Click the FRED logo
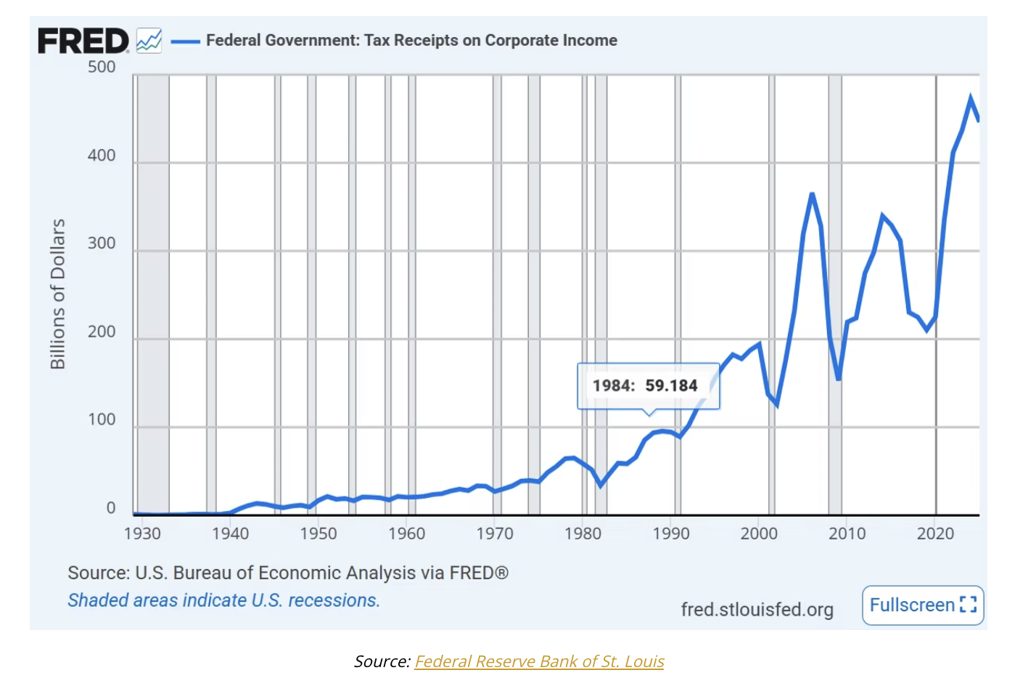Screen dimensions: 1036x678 click(83, 40)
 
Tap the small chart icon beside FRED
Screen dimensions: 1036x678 click(149, 40)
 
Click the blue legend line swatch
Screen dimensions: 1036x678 click(186, 41)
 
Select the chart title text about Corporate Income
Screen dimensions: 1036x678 click(411, 40)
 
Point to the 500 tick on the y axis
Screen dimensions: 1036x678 click(102, 67)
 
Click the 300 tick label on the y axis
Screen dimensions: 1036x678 click(102, 243)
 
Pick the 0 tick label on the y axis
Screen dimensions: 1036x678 click(111, 507)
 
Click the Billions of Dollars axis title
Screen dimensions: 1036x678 click(58, 294)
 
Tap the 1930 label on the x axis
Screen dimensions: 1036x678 click(142, 534)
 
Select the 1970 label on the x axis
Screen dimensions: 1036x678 click(495, 534)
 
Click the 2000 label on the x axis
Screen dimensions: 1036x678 click(759, 534)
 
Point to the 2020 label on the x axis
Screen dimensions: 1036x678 click(936, 534)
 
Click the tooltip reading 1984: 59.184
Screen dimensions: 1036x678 click(649, 386)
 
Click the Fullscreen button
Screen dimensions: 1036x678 click(923, 605)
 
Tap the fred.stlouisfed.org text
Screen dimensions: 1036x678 click(757, 610)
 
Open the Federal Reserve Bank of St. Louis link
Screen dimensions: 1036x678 click(539, 661)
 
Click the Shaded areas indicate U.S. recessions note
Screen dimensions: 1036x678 click(224, 600)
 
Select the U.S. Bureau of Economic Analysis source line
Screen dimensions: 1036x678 click(288, 573)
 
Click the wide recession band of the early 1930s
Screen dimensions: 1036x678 click(153, 294)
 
